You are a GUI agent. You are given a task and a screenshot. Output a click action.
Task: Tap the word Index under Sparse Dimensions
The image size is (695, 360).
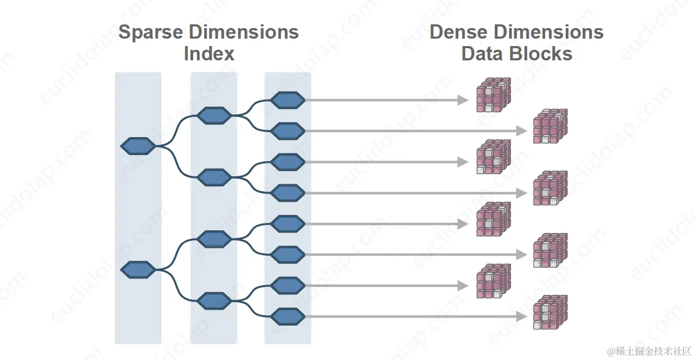tap(209, 53)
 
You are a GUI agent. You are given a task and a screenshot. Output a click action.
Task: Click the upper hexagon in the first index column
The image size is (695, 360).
tap(138, 146)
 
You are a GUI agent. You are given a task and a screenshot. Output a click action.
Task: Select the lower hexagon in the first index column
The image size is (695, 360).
tap(138, 270)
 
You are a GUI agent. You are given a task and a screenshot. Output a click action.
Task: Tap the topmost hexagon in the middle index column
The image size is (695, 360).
tap(214, 115)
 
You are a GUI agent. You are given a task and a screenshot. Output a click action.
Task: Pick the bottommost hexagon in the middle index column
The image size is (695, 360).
tap(214, 301)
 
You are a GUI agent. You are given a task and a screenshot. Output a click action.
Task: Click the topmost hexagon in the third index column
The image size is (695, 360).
tap(287, 100)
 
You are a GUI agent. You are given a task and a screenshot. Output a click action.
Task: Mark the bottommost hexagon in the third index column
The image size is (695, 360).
tap(287, 317)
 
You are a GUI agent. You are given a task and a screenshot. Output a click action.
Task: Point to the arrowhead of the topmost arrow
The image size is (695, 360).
tap(463, 100)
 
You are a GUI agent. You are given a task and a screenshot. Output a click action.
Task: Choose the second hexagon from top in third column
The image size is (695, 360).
tap(287, 130)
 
